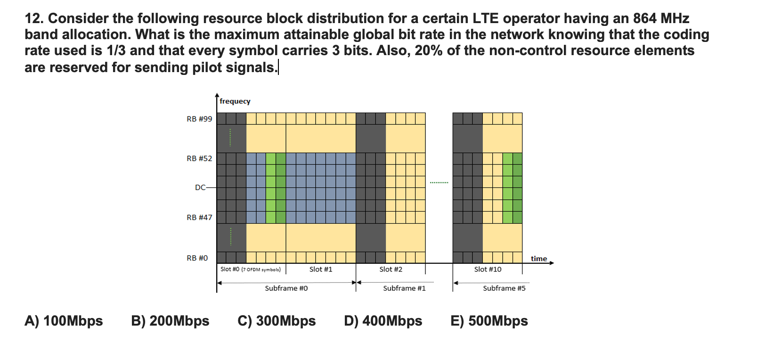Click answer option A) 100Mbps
pyautogui.click(x=64, y=321)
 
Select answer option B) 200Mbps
pyautogui.click(x=170, y=321)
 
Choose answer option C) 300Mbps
pyautogui.click(x=277, y=321)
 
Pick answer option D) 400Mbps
pyautogui.click(x=383, y=321)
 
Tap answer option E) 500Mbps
pyautogui.click(x=489, y=321)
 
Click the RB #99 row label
pyautogui.click(x=199, y=119)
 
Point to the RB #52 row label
pyautogui.click(x=199, y=159)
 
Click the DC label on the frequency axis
pyautogui.click(x=200, y=188)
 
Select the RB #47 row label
pyautogui.click(x=199, y=218)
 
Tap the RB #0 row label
pyautogui.click(x=197, y=258)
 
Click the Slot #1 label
pyautogui.click(x=321, y=270)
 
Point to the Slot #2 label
pyautogui.click(x=391, y=270)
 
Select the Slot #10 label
pyautogui.click(x=488, y=270)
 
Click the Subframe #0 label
pyautogui.click(x=286, y=288)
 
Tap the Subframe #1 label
pyautogui.click(x=404, y=288)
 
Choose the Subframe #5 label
pyautogui.click(x=504, y=288)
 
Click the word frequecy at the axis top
pyautogui.click(x=235, y=101)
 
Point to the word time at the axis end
pyautogui.click(x=539, y=259)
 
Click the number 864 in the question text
pyautogui.click(x=645, y=18)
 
